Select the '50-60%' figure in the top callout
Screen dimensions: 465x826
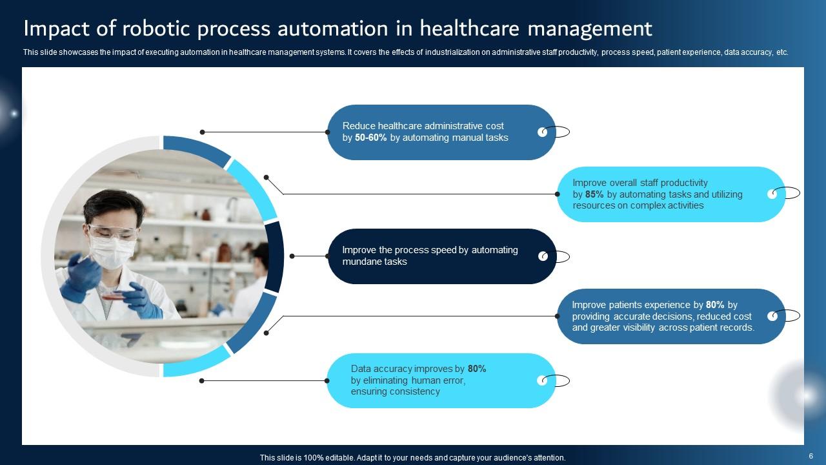(x=371, y=138)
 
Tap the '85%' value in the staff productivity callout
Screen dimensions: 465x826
(x=594, y=194)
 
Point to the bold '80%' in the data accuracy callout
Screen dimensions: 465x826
(x=477, y=369)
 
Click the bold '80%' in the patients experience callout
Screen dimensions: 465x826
(x=715, y=305)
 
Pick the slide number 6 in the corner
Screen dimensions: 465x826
(x=811, y=456)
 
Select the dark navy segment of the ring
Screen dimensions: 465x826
(x=274, y=256)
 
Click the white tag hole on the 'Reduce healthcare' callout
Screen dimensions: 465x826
(x=543, y=132)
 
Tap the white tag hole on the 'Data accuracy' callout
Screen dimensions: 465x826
(x=542, y=380)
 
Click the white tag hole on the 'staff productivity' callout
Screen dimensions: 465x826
(x=772, y=194)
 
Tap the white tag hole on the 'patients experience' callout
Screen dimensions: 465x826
(x=772, y=316)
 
